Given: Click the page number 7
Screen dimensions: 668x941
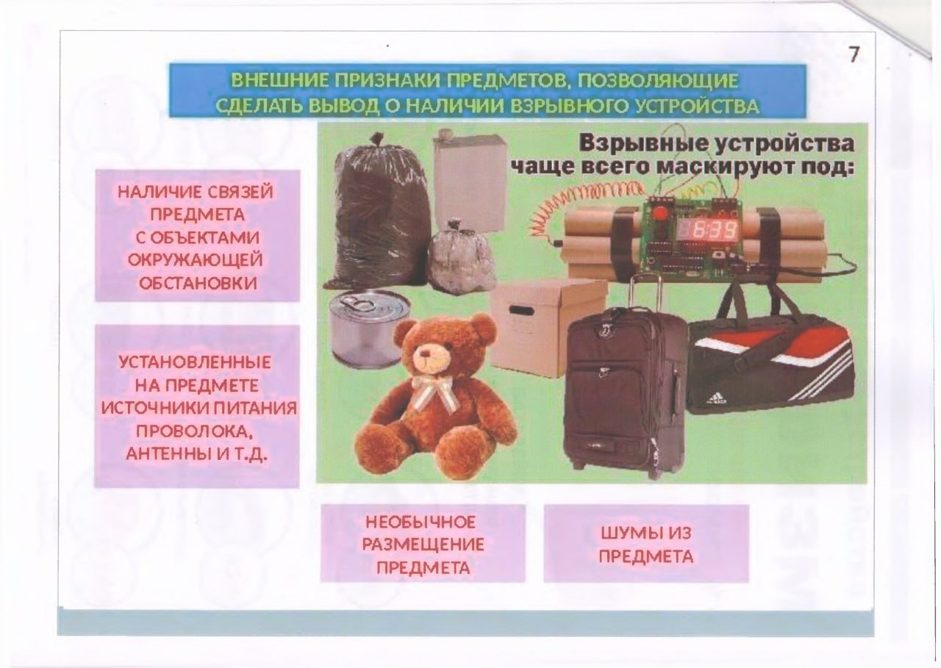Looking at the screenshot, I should point(854,55).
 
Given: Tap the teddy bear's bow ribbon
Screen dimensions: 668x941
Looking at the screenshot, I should point(434,392).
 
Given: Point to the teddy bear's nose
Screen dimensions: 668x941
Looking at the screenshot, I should point(425,359).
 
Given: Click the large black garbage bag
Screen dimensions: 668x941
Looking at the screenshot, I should point(378,217).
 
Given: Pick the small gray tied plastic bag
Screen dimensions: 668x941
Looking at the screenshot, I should point(462,259).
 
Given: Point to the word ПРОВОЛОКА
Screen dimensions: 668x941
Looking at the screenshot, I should point(196,431).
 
